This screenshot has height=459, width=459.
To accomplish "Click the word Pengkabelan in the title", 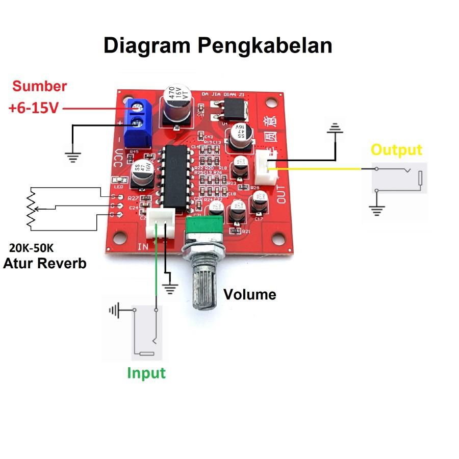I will (265, 46).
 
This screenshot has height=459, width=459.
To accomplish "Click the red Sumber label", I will (40, 86).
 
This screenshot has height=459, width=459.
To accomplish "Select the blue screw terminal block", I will (139, 121).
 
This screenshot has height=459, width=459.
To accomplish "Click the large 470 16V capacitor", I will (176, 106).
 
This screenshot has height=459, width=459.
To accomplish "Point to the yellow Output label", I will (396, 150).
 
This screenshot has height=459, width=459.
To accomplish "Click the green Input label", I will (146, 373).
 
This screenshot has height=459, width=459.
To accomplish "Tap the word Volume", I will (250, 294).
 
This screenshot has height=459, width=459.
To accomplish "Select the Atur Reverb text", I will (45, 264).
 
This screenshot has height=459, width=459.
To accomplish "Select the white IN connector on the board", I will (160, 224).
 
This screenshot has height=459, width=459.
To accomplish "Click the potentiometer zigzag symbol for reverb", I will (31, 208).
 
